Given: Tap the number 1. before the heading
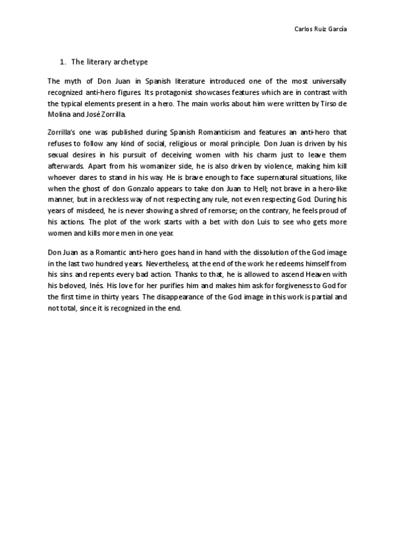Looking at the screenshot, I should pyautogui.click(x=63, y=62).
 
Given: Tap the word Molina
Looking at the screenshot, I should pyautogui.click(x=60, y=114).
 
